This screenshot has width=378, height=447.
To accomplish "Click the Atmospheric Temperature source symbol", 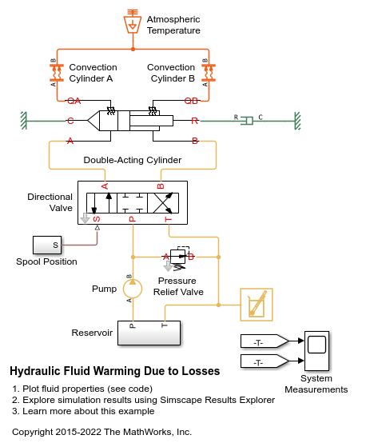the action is pyautogui.click(x=133, y=22).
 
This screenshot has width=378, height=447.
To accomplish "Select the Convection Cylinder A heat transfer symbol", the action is pyautogui.click(x=57, y=73).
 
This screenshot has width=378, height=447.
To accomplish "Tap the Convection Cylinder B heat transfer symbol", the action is pyautogui.click(x=209, y=73).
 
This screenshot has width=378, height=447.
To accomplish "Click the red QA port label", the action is pyautogui.click(x=74, y=101).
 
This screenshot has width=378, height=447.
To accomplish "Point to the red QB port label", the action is pyautogui.click(x=191, y=101).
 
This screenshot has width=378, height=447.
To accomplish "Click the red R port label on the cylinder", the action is pyautogui.click(x=194, y=121).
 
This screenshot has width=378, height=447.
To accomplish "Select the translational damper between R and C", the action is pyautogui.click(x=247, y=121).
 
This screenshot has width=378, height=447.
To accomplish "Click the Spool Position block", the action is pyautogui.click(x=47, y=245).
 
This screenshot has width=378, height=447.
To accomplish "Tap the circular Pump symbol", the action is pyautogui.click(x=133, y=289).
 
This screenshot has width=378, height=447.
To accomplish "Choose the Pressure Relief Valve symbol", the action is pyautogui.click(x=178, y=257).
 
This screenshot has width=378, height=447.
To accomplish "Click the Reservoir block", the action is pyautogui.click(x=149, y=333).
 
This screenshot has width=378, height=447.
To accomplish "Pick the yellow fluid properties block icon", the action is pyautogui.click(x=257, y=305).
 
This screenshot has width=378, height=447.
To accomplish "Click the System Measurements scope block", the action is pyautogui.click(x=316, y=351).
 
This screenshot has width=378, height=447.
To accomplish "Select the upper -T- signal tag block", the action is pyautogui.click(x=265, y=341).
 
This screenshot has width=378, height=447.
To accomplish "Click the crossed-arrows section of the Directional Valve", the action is pyautogui.click(x=163, y=203).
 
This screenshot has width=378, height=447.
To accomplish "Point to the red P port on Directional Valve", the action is pyautogui.click(x=132, y=219).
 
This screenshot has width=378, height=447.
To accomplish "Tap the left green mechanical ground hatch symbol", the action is pyautogui.click(x=24, y=121).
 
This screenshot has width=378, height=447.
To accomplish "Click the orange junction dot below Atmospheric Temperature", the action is pyautogui.click(x=133, y=50).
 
